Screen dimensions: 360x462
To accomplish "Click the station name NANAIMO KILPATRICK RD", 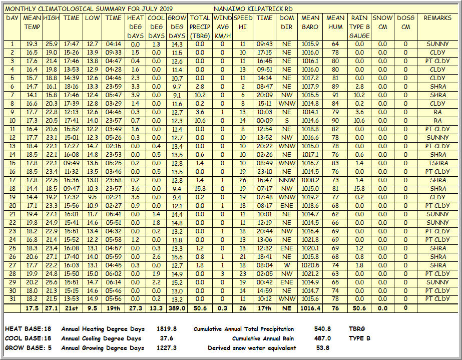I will pyautogui.click(x=253, y=9).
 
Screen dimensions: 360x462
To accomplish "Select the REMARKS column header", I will pyautogui.click(x=437, y=18).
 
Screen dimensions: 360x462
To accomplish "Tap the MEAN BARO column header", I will pyautogui.click(x=310, y=23).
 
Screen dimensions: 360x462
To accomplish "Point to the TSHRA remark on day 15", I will pyautogui.click(x=437, y=163).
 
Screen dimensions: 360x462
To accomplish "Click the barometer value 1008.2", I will pyautogui.click(x=310, y=180).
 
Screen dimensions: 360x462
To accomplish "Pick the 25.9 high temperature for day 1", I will pyautogui.click(x=51, y=44).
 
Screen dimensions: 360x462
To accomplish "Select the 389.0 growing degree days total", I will pyautogui.click(x=177, y=308).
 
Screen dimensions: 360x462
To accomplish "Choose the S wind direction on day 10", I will pyautogui.click(x=286, y=121).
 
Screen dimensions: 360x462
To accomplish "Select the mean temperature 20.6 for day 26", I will pyautogui.click(x=32, y=257).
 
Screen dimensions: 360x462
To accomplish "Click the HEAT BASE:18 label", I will pyautogui.click(x=22, y=329).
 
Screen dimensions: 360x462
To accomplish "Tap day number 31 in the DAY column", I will pyautogui.click(x=12, y=299).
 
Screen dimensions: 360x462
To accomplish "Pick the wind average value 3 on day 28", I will pyautogui.click(x=222, y=274).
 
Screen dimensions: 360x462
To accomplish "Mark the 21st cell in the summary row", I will pyautogui.click(x=71, y=308).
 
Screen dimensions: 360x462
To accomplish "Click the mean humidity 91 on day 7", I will pyautogui.click(x=335, y=95).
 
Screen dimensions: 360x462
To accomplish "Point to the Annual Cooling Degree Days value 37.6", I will pyautogui.click(x=167, y=338).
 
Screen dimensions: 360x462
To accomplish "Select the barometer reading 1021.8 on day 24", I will pyautogui.click(x=310, y=240).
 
